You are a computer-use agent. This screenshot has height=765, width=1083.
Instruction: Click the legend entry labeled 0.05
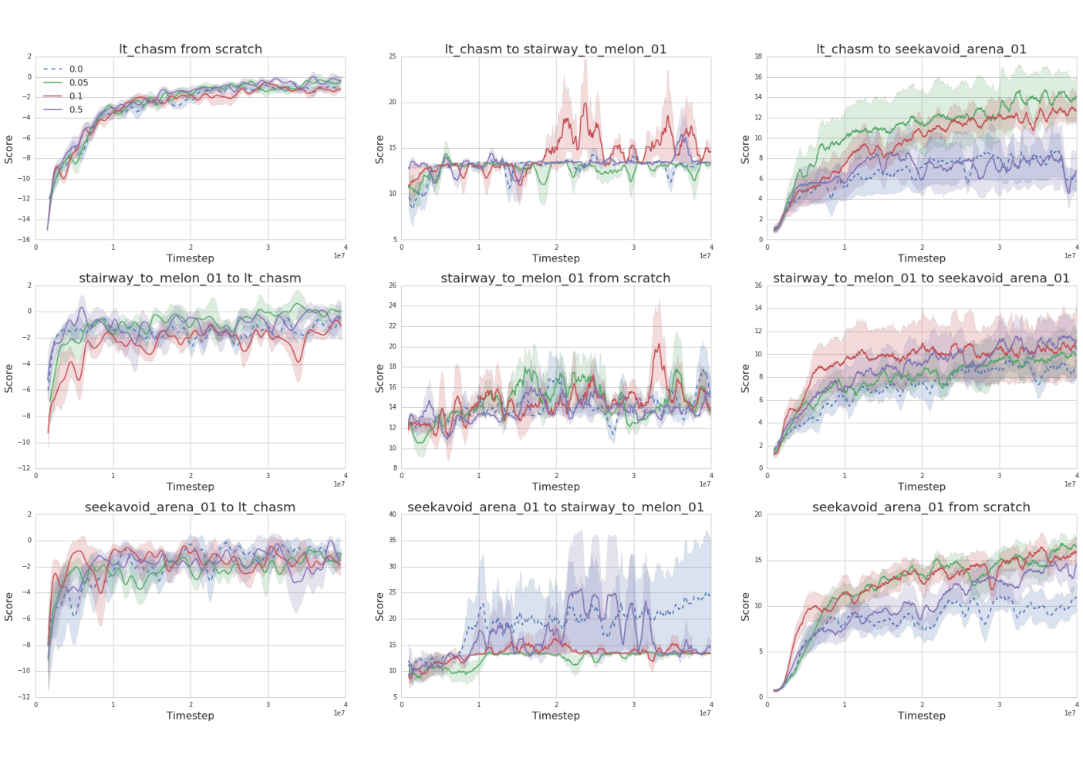[x=66, y=83]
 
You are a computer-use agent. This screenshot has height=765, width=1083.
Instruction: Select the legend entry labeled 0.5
[x=62, y=110]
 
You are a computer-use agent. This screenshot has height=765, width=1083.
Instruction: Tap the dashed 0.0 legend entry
[x=62, y=69]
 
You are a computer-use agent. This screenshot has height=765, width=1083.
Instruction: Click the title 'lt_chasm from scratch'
[x=191, y=49]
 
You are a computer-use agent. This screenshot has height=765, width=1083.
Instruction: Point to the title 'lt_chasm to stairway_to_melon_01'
[x=555, y=49]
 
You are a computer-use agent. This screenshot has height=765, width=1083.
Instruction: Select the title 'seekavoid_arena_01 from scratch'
[x=921, y=507]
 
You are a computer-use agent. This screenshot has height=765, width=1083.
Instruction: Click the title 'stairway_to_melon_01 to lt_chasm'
[x=190, y=278]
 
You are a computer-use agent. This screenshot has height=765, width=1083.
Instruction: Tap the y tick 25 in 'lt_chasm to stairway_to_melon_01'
[x=392, y=56]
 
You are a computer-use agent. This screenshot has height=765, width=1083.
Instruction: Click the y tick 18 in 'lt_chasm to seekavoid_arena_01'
[x=758, y=56]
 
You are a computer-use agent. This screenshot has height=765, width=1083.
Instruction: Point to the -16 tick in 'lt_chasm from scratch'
[x=25, y=239]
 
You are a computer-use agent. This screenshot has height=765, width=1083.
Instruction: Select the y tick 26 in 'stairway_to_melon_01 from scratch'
[x=392, y=285]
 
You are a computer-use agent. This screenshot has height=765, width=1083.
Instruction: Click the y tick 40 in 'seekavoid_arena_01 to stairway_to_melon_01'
[x=392, y=514]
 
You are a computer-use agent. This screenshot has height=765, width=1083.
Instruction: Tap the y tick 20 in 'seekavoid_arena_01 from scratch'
[x=758, y=514]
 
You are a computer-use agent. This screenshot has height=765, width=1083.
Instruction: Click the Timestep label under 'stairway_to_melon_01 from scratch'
[x=556, y=487]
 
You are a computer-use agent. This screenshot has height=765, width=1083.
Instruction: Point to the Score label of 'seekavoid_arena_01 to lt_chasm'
[x=8, y=606]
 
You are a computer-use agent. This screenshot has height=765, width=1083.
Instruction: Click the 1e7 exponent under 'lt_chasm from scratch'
[x=339, y=256]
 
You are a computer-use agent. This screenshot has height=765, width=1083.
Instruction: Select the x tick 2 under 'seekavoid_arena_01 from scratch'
[x=922, y=705]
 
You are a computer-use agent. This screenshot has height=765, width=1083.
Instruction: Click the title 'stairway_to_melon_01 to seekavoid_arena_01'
[x=921, y=278]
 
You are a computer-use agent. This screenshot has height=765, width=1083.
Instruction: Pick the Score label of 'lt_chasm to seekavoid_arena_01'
[x=745, y=150]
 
